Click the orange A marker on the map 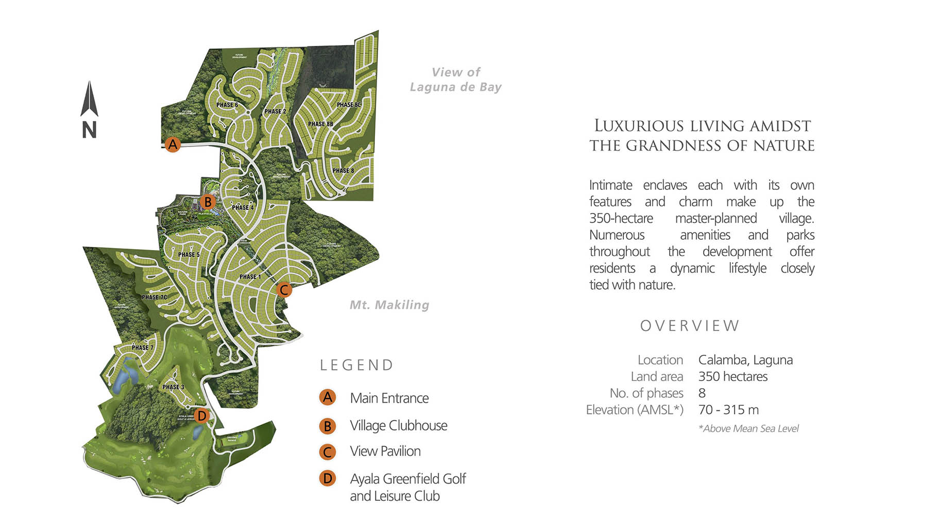click(173, 144)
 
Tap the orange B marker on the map click(208, 202)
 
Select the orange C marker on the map click(283, 290)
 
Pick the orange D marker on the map click(201, 416)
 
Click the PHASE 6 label click(227, 105)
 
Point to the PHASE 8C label click(349, 105)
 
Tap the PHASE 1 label click(250, 277)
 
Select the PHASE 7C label click(154, 298)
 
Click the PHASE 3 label click(173, 387)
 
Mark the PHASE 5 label click(189, 254)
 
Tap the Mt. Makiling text click(389, 305)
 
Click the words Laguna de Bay click(455, 87)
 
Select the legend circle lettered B click(327, 426)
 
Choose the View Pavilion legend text click(385, 451)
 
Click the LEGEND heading click(356, 365)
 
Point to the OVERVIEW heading click(689, 326)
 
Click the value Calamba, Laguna click(745, 360)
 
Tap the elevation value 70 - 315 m click(728, 410)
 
